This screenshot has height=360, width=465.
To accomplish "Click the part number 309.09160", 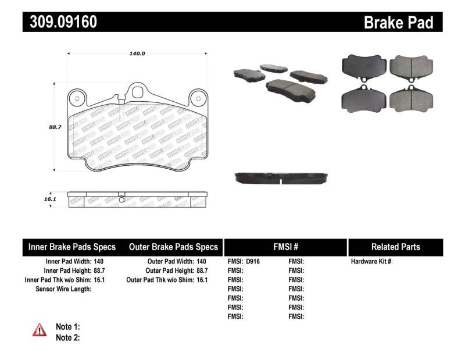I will click(60, 22).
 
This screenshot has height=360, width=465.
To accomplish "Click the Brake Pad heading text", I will click(398, 22).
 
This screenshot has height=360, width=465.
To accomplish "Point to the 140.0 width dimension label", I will click(137, 54).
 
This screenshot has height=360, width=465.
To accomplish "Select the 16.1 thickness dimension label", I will click(49, 199).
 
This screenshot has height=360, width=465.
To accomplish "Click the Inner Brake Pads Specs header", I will click(72, 247).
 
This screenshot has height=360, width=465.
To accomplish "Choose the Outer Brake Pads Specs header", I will click(173, 247).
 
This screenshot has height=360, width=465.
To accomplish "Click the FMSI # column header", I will click(285, 247).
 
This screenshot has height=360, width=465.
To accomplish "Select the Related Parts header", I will click(395, 247).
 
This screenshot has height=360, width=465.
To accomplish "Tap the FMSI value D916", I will click(253, 262).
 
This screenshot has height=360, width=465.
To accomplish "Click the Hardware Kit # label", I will click(371, 262).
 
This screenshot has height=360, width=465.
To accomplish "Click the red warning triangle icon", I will click(40, 330).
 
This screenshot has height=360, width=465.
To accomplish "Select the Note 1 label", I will click(67, 327).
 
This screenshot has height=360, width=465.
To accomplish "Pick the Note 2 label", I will click(67, 337).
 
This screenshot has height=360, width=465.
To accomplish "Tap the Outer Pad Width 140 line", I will click(177, 262).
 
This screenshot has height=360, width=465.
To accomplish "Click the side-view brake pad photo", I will click(281, 177).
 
